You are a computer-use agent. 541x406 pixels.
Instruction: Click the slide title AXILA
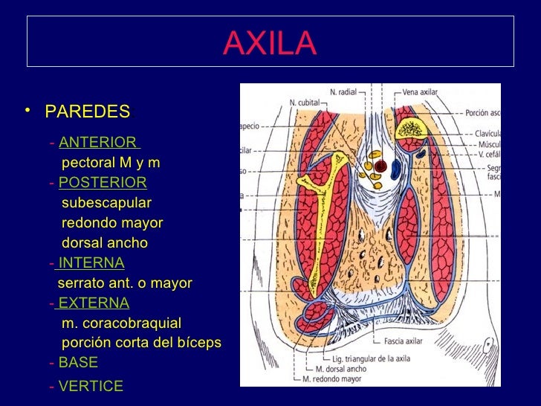[x=270, y=44]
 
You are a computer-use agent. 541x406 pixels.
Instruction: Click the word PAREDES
[x=87, y=112]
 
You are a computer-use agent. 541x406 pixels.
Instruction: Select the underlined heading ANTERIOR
[x=98, y=142]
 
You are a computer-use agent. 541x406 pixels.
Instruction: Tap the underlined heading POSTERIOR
[x=103, y=183]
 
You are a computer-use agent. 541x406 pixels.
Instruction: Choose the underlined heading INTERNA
[x=91, y=262]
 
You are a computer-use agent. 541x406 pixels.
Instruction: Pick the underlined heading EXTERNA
[x=94, y=303]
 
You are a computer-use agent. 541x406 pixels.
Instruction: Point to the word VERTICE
[x=91, y=386]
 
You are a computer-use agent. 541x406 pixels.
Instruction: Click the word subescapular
[x=106, y=203]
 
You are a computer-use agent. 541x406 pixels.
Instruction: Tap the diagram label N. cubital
[x=283, y=103]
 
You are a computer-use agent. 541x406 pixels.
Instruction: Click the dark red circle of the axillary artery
[x=380, y=166]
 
